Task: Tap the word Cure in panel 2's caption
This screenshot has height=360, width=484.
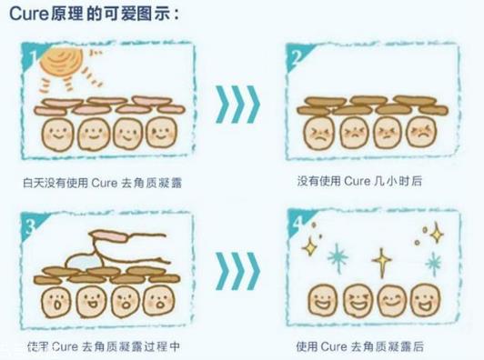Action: point(356,182)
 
